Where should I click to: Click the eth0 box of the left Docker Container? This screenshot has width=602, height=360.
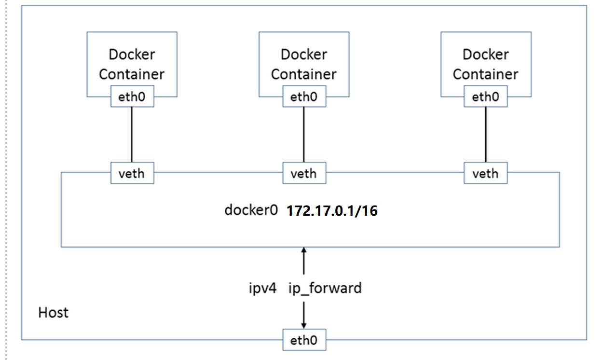point(132,97)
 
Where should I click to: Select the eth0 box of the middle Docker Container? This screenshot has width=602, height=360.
point(304,97)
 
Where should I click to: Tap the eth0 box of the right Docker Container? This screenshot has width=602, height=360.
point(486,97)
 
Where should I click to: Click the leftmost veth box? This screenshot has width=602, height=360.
point(132,173)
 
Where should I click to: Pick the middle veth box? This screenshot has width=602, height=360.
point(304,173)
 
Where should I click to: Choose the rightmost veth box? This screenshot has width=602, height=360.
point(486,173)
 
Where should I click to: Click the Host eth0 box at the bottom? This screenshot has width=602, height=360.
point(304,340)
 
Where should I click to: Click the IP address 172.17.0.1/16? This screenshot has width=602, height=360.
point(332,211)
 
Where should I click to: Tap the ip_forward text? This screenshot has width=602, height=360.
point(325,289)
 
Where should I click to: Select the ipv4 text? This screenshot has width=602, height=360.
point(262,289)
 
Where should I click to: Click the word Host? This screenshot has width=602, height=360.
point(54,313)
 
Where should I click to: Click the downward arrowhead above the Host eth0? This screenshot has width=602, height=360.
point(304,325)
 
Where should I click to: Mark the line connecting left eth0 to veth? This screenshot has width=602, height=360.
point(132,135)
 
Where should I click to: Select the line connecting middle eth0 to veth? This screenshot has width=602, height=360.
point(304,135)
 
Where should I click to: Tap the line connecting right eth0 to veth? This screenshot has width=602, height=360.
point(486,135)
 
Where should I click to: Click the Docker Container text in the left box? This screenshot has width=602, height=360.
point(132,64)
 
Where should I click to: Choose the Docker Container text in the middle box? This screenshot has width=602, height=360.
point(304,64)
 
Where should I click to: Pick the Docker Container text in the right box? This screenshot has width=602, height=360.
point(486,64)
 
